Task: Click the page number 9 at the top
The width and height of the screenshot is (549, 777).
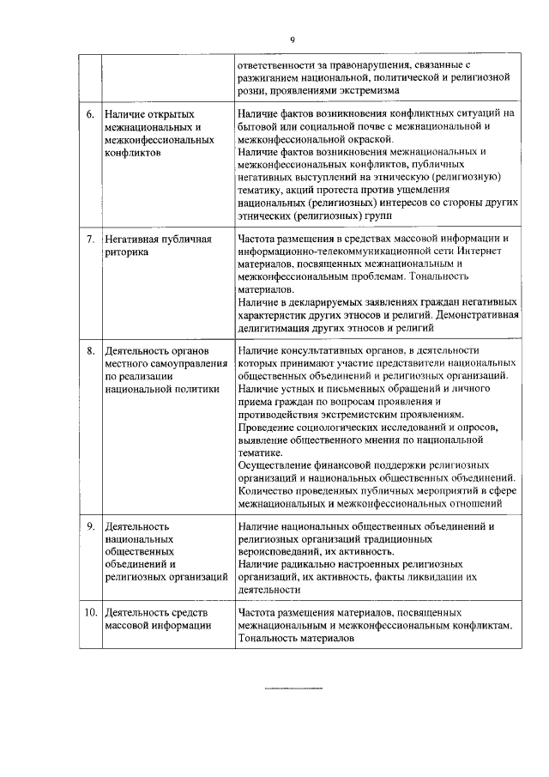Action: coord(293,39)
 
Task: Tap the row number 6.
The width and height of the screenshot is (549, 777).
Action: coord(90,113)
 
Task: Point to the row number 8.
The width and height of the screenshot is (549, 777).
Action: coord(90,351)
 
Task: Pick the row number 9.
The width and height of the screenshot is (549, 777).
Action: coord(90,525)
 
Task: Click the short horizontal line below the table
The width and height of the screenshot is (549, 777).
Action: coord(293,689)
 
